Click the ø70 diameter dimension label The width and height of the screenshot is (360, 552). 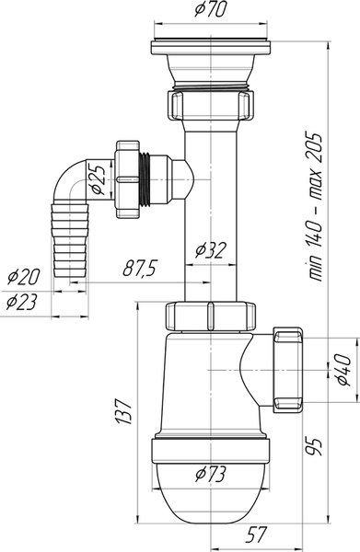210,9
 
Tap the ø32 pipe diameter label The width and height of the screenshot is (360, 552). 210,250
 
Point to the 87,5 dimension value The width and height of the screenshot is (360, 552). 140,269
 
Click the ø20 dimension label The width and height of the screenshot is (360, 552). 24,277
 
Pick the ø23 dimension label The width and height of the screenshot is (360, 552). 22,302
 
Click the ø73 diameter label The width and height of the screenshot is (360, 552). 210,475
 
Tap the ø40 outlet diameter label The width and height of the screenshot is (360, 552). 343,370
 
